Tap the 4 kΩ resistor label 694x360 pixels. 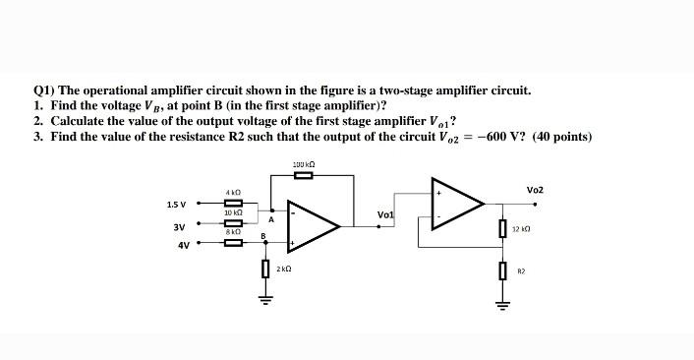pyautogui.click(x=233, y=192)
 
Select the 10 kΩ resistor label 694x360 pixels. pyautogui.click(x=233, y=212)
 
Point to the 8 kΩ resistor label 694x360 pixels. pyautogui.click(x=233, y=230)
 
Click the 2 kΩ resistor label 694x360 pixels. pyautogui.click(x=283, y=269)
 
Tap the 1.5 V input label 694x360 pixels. pyautogui.click(x=178, y=205)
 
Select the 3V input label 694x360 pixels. pyautogui.click(x=180, y=226)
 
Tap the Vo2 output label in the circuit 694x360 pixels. pyautogui.click(x=535, y=189)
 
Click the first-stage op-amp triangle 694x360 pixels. pyautogui.click(x=310, y=225)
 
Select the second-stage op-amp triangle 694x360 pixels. pyautogui.click(x=454, y=203)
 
